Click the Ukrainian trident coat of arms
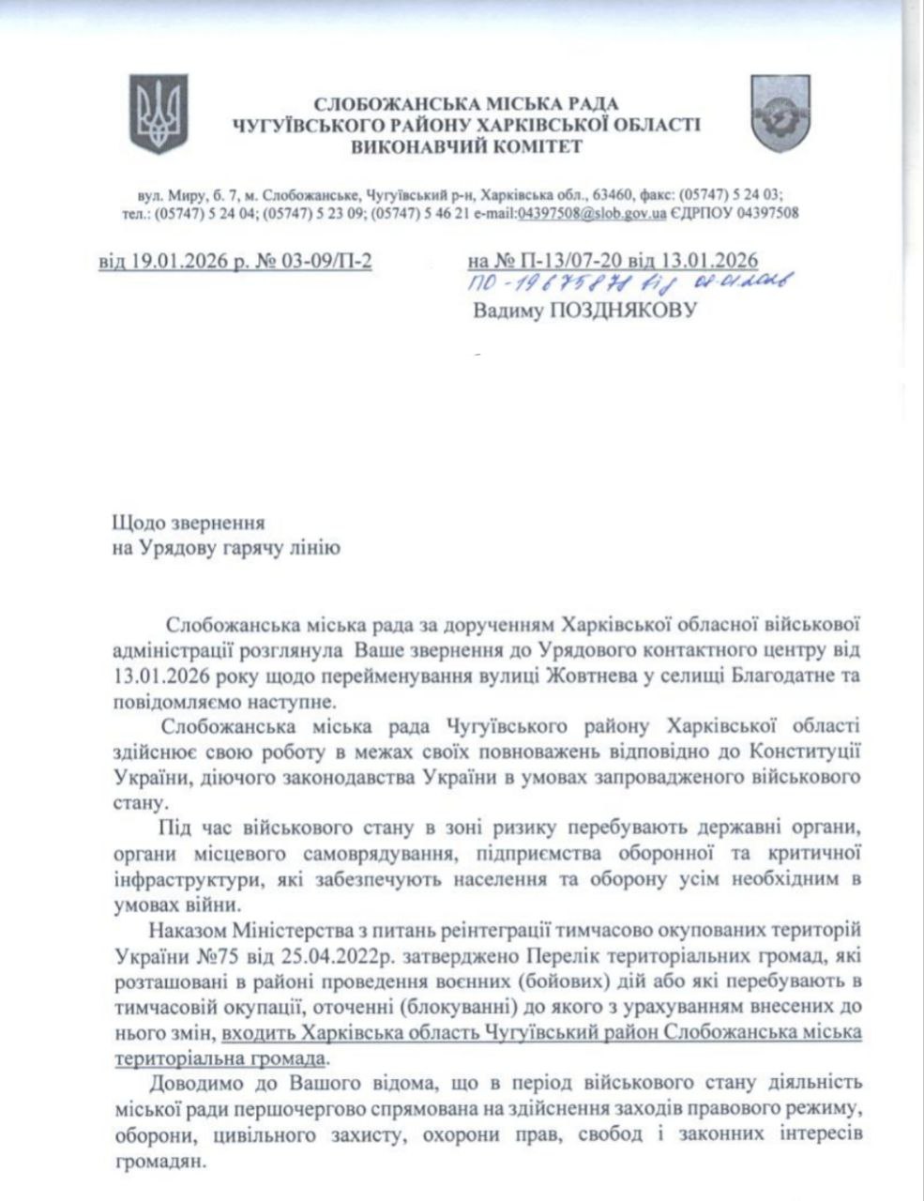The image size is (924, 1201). coord(159,114)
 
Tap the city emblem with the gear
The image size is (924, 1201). coord(775,114)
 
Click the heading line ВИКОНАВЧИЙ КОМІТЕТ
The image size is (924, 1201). coord(466,146)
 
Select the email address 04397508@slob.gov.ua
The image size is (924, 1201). coord(592,214)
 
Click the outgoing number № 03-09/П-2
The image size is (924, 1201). coord(318,261)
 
